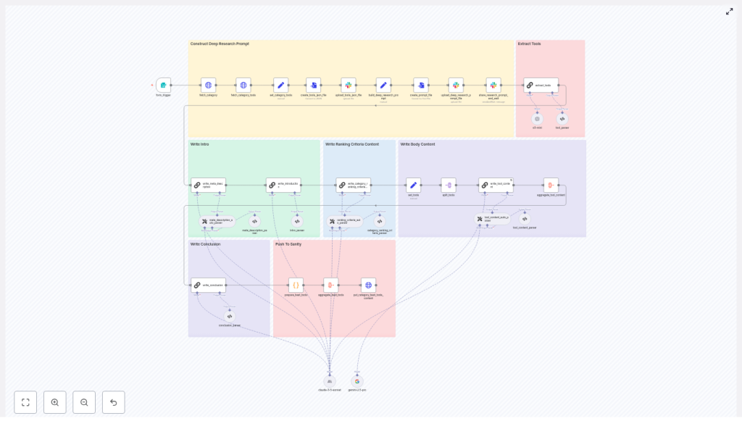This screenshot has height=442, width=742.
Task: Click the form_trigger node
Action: [x=163, y=85]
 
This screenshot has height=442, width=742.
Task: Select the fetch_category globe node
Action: [x=208, y=85]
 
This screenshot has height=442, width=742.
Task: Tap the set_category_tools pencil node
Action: [x=280, y=85]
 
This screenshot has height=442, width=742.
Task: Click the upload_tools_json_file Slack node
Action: [x=349, y=85]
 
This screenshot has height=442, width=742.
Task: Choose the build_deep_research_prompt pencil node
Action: [x=383, y=85]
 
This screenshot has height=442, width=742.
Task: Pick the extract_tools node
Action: [x=541, y=85]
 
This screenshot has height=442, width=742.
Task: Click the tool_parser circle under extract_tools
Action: [x=562, y=119]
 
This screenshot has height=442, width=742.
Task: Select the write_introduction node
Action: [x=283, y=185]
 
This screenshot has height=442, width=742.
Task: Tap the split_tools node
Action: [x=449, y=185]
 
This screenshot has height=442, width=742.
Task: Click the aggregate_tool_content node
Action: [x=551, y=185]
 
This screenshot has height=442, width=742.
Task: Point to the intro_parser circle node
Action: [x=297, y=221]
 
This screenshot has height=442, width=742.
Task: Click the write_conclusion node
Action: [x=209, y=285]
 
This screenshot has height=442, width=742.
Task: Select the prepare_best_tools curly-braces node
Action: [x=296, y=285]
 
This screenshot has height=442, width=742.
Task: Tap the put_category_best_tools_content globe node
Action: [x=368, y=285]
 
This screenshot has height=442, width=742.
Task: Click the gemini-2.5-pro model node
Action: [x=357, y=381]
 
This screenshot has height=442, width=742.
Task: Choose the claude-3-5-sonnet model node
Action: [x=330, y=381]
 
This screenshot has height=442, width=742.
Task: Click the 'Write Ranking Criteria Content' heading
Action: [x=351, y=144]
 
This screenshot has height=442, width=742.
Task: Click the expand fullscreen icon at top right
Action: [x=729, y=12]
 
